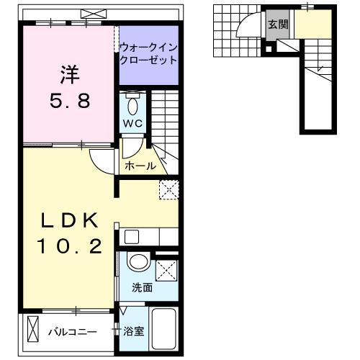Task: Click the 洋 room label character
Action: click(69, 74)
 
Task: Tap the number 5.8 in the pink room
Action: click(69, 101)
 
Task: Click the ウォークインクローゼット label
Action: click(148, 55)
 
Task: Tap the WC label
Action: click(133, 122)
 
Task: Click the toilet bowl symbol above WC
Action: click(133, 105)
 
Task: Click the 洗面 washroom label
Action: click(141, 287)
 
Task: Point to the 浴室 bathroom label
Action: click(134, 333)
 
